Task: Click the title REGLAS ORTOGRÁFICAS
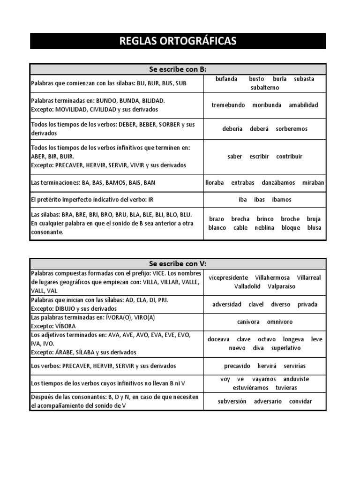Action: coord(178,41)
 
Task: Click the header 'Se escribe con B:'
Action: coord(178,69)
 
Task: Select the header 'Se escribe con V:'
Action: coord(178,263)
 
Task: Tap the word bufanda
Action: coord(226,79)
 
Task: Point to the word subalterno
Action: coord(265,88)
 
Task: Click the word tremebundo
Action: coord(228,105)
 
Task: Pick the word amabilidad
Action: coord(303,105)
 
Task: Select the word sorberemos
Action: coord(292,129)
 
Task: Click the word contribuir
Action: coord(289,157)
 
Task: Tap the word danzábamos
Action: coord(275,182)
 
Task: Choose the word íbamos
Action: coord(281,200)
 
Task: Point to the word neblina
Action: coord(264,228)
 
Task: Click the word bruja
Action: coord(314,219)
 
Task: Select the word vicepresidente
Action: coord(228,277)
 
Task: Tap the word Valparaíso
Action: coord(282,286)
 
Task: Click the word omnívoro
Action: coord(280,322)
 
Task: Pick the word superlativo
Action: coord(286,348)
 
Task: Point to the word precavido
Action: coord(237,366)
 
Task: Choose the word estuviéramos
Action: coord(251,388)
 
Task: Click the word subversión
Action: coord(232,401)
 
